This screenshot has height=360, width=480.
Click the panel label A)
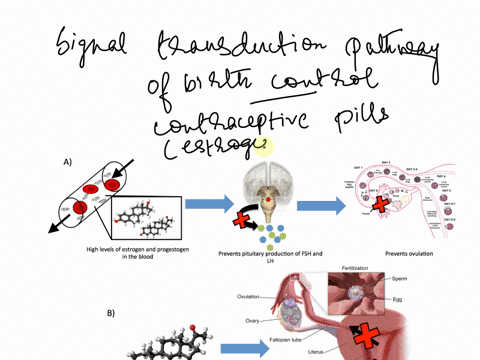[67, 160]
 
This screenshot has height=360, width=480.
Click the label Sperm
[426, 280]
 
